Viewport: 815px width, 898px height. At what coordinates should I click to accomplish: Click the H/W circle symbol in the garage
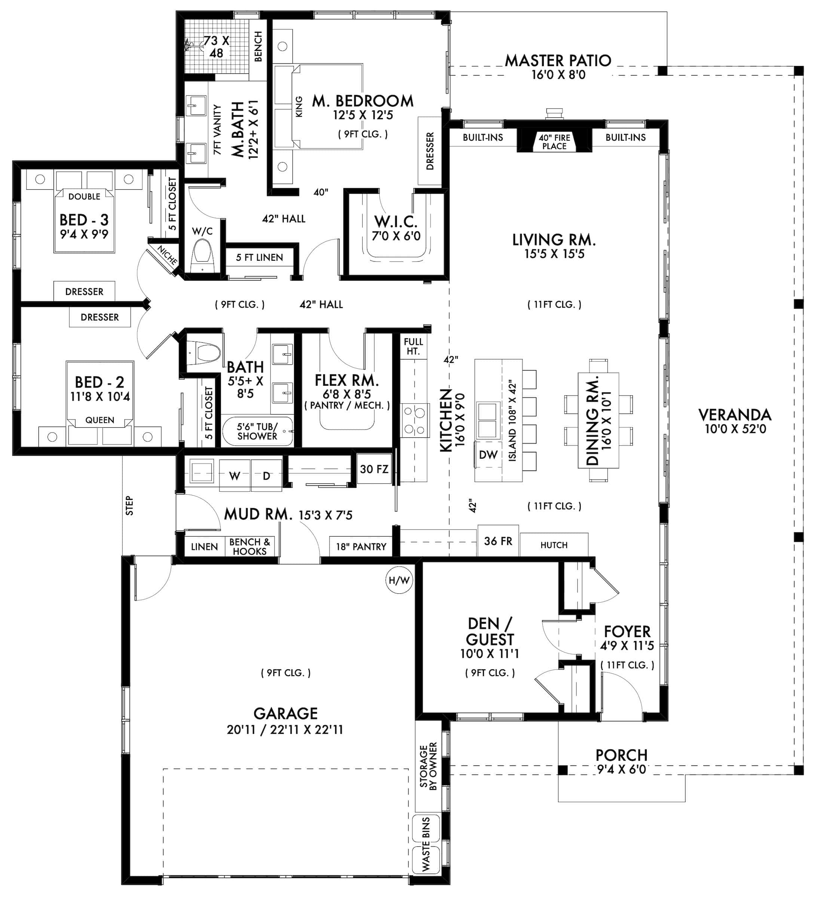pyautogui.click(x=399, y=580)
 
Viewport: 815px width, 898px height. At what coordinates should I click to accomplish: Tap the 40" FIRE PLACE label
pyautogui.click(x=554, y=142)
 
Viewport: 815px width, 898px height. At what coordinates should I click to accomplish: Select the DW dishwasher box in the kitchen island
pyautogui.click(x=488, y=455)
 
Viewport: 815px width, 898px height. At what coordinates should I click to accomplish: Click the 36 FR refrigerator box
pyautogui.click(x=498, y=541)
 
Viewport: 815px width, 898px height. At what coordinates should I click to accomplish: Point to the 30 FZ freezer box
pyautogui.click(x=374, y=469)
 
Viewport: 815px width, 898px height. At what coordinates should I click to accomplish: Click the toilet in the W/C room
pyautogui.click(x=202, y=257)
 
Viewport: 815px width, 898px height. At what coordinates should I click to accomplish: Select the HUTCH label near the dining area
pyautogui.click(x=554, y=545)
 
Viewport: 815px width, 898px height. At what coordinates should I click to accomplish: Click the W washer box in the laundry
pyautogui.click(x=235, y=476)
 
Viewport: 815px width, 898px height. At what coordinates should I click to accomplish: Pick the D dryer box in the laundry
pyautogui.click(x=266, y=476)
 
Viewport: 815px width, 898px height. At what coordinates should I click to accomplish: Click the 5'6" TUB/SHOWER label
pyautogui.click(x=257, y=431)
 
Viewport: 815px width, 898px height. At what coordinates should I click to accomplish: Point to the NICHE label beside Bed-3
pyautogui.click(x=168, y=256)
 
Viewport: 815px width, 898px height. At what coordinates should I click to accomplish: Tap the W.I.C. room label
pyautogui.click(x=395, y=222)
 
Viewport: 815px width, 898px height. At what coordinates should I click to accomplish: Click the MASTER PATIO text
pyautogui.click(x=558, y=61)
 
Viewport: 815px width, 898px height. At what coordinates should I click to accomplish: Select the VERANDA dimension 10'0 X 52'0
pyautogui.click(x=735, y=429)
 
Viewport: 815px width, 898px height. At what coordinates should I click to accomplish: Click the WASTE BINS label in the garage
pyautogui.click(x=426, y=844)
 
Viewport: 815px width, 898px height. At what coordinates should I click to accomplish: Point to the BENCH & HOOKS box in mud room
pyautogui.click(x=249, y=547)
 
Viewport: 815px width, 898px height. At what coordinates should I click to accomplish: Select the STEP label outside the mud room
pyautogui.click(x=129, y=505)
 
